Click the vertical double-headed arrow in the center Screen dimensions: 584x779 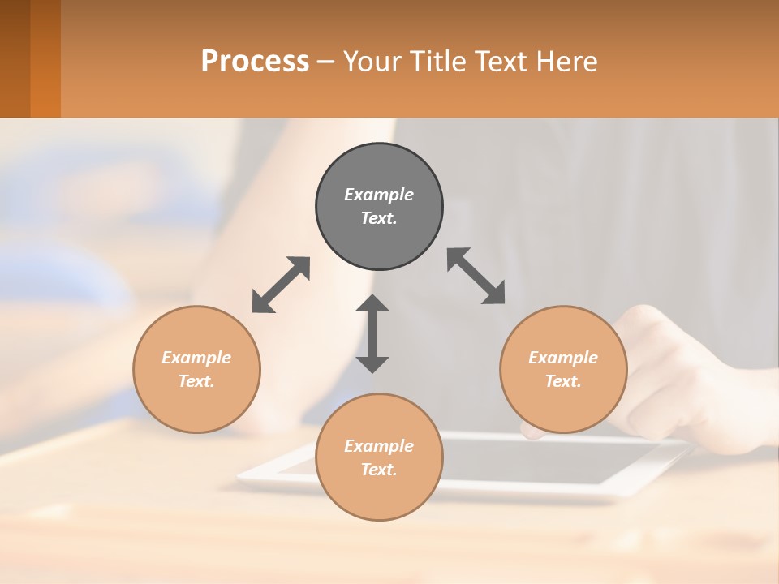pos(372,333)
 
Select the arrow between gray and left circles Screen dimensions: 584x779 pos(281,285)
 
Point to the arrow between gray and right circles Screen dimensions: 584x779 pos(476,276)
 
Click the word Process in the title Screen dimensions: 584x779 pos(255,61)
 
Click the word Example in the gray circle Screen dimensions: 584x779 pos(379,195)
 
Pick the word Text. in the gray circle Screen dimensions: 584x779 pos(379,218)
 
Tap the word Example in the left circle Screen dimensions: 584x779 pos(196,358)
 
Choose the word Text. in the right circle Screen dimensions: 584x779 pos(563,381)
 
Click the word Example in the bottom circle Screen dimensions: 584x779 pos(379,446)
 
